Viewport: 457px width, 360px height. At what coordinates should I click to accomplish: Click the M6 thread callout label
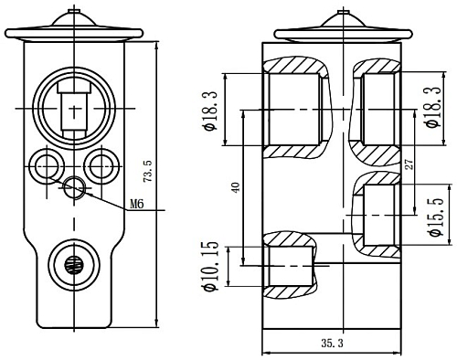click(x=137, y=204)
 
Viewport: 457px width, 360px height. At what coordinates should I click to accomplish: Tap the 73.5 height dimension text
click(x=148, y=173)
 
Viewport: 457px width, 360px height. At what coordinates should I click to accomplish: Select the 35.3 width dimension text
click(x=332, y=344)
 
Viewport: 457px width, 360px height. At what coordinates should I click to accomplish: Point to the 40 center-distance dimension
click(x=236, y=187)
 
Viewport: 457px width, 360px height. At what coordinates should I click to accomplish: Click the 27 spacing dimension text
click(x=409, y=164)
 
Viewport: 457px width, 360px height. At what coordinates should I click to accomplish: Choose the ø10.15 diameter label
click(x=211, y=266)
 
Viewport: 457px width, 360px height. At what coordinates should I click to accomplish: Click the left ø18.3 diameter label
click(x=211, y=111)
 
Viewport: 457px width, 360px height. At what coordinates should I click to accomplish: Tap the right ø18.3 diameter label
click(x=433, y=107)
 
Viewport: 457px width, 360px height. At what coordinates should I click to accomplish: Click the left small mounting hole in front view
click(x=47, y=166)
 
